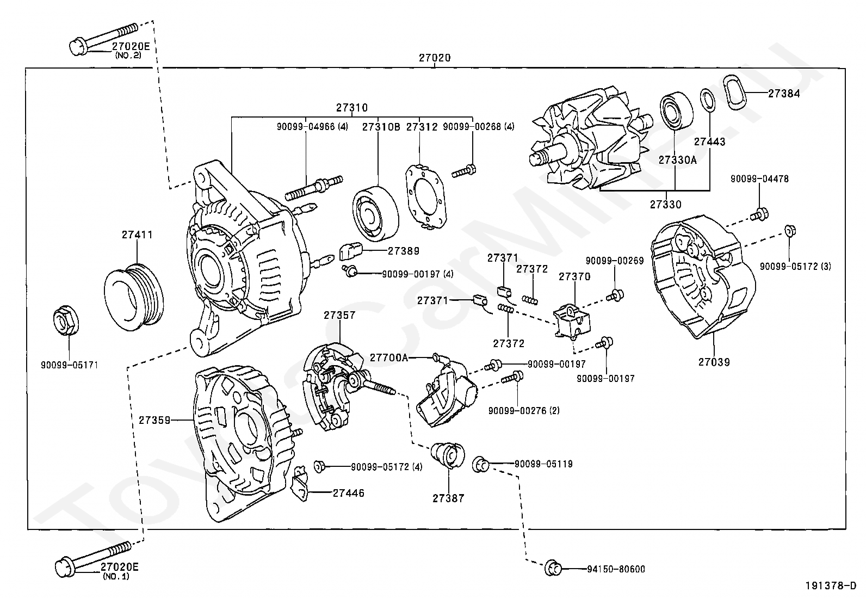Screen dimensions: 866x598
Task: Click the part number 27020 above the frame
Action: click(x=435, y=58)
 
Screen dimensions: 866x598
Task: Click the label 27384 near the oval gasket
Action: click(x=784, y=94)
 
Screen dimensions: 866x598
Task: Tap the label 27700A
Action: click(x=388, y=358)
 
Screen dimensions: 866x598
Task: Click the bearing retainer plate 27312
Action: click(x=425, y=196)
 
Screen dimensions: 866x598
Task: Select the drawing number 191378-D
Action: click(x=831, y=586)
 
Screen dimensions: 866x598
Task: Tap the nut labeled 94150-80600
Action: click(x=553, y=569)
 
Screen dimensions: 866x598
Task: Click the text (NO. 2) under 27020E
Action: click(x=128, y=56)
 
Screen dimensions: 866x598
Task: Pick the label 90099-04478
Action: click(x=759, y=178)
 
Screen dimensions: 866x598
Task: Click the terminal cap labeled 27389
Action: click(x=351, y=251)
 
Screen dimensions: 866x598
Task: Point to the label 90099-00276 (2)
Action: click(x=524, y=411)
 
